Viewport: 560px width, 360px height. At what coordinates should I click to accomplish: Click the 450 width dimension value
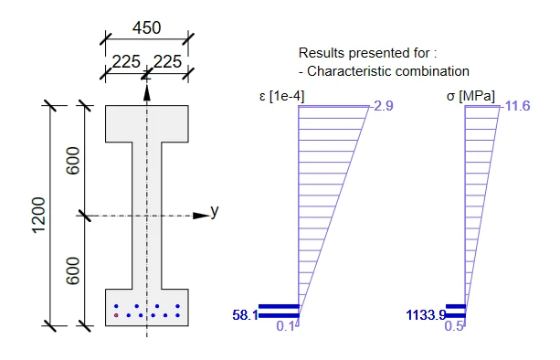click(146, 27)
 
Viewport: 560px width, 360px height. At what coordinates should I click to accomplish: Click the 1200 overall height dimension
click(39, 216)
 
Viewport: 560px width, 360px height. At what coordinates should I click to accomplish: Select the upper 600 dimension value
click(73, 161)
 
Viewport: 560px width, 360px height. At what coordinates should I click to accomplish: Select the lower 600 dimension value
click(73, 270)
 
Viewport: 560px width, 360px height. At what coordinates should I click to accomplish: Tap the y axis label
click(215, 211)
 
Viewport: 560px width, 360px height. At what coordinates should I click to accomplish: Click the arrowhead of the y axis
click(201, 216)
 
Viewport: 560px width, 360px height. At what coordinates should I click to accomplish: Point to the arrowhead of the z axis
click(147, 93)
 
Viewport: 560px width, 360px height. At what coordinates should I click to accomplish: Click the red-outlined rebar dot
click(116, 315)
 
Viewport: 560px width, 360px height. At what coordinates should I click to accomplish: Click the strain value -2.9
click(382, 106)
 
